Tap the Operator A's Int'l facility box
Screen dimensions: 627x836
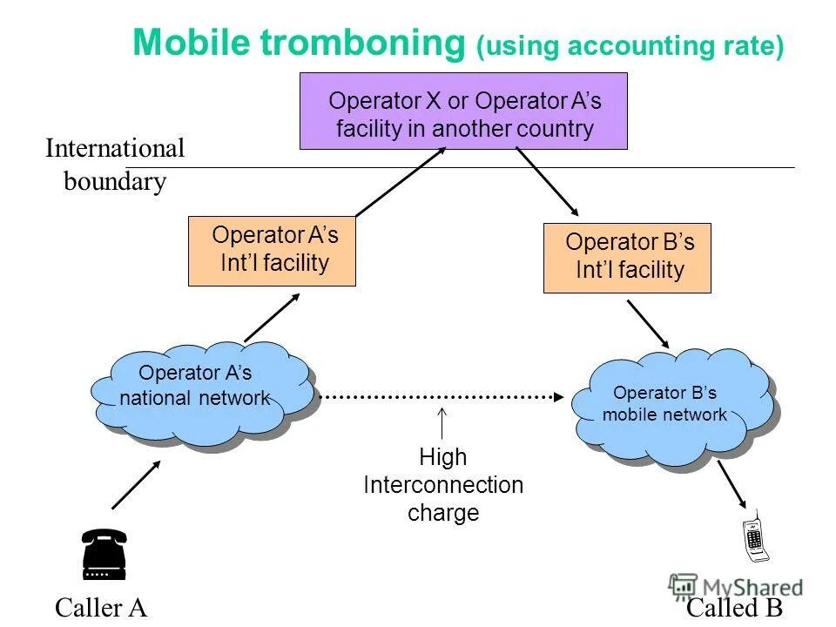(272, 251)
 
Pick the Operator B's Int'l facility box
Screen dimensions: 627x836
(627, 257)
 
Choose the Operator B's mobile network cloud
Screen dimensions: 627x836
(671, 405)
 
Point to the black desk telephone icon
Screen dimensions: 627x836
(104, 554)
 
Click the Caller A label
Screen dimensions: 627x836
(100, 607)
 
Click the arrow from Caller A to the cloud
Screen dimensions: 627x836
(136, 484)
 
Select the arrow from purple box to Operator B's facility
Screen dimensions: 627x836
(547, 181)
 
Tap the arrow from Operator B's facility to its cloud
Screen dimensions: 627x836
(648, 324)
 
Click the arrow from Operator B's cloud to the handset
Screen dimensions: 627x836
(731, 486)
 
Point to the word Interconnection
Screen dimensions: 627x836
(443, 485)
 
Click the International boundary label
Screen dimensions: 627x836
(115, 165)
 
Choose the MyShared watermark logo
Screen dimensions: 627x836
(736, 586)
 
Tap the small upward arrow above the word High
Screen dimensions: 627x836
(442, 423)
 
